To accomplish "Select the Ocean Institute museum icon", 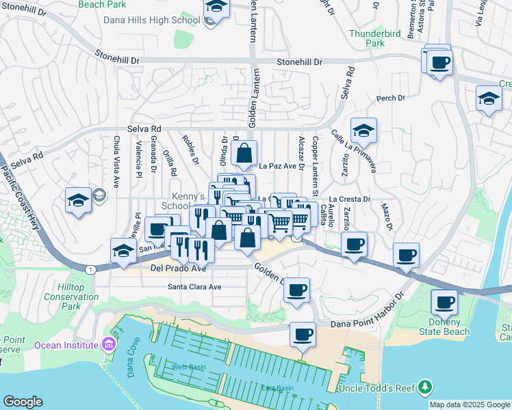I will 107,344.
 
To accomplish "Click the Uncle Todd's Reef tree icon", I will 425,387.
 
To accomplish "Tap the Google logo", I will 23,402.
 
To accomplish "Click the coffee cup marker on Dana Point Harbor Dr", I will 302,335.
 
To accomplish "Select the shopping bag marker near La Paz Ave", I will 244,154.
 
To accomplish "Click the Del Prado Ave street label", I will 178,269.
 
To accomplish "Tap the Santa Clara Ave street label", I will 195,287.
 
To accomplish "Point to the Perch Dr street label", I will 391,98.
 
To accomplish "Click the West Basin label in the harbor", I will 184,367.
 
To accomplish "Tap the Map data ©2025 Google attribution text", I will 470,405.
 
